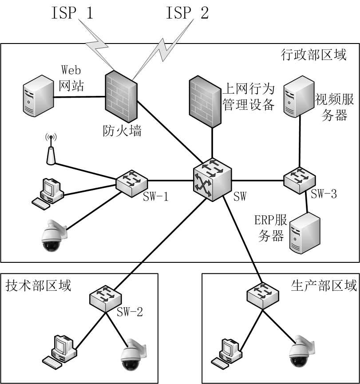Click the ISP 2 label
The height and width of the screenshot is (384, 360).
[187, 14]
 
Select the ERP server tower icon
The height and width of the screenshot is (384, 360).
[304, 233]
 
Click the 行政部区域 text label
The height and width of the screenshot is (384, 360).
[314, 55]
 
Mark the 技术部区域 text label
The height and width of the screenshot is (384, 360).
[38, 285]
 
